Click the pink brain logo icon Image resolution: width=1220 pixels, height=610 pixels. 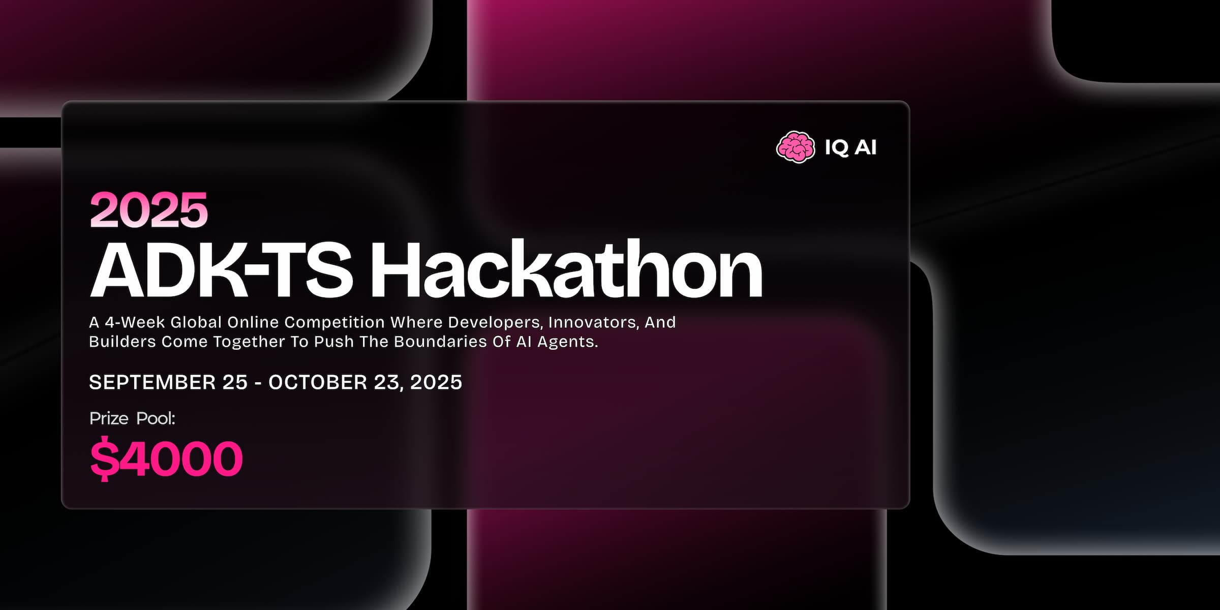coord(796,147)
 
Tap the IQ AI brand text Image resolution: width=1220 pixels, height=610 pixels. coord(850,147)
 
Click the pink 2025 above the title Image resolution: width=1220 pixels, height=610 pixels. coord(149,210)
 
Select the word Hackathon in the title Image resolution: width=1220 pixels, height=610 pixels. coord(566,270)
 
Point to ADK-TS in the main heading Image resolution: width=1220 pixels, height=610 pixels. coord(221,270)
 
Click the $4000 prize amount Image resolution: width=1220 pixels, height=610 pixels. coord(167,458)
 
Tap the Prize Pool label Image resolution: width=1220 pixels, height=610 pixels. coord(132,418)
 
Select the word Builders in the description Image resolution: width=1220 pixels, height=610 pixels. coord(123,342)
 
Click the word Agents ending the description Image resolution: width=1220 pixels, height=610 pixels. coord(567,342)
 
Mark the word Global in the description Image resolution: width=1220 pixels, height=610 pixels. coord(196,322)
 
